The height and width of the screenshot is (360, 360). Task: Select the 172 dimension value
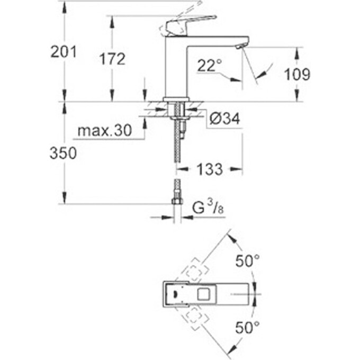click(112, 59)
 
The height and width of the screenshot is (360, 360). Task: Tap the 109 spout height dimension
click(296, 74)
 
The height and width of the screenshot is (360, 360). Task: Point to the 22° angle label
click(209, 66)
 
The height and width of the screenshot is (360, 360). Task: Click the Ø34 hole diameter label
click(225, 120)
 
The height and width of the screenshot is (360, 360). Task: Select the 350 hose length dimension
click(64, 154)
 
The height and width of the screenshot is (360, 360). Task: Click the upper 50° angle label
click(248, 261)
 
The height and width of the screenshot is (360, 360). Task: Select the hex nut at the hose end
click(177, 201)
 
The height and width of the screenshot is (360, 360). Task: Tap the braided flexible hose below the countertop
click(177, 151)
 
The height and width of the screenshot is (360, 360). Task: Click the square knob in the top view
click(203, 292)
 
